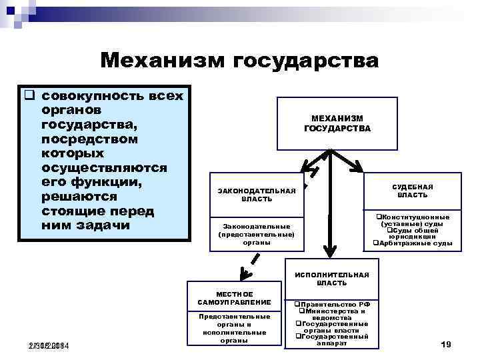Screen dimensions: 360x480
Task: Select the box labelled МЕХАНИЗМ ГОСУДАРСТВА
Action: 337,123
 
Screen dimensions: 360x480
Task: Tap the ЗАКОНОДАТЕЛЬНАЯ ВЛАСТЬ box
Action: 257,194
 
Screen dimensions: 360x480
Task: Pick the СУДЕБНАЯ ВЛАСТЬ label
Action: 412,191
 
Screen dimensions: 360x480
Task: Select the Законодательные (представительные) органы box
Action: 257,234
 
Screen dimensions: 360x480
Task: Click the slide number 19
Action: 446,344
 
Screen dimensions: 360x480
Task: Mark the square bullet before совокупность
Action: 29,95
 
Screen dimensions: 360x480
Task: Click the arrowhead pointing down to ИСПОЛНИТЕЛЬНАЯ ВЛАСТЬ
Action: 328,248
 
